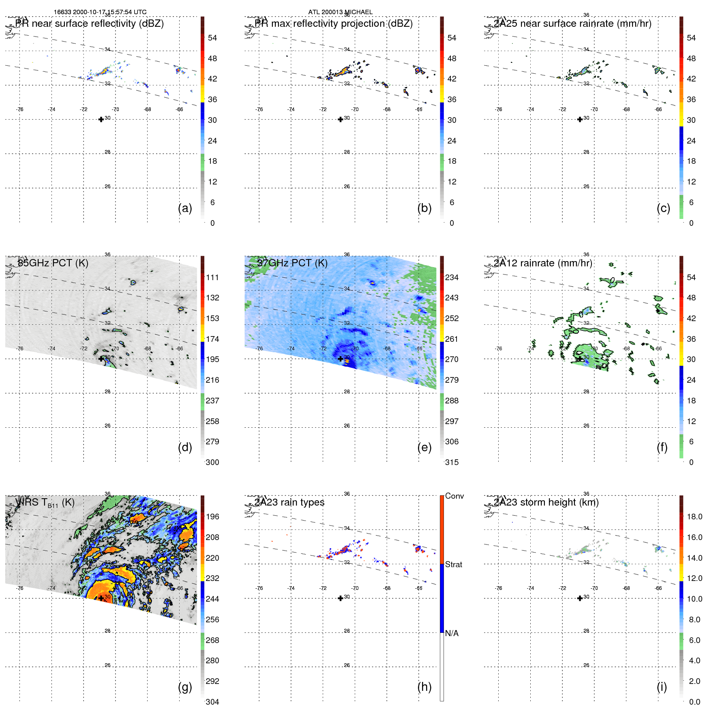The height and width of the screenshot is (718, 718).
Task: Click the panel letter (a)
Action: click(x=185, y=208)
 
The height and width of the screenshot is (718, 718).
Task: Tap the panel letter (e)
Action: click(x=424, y=448)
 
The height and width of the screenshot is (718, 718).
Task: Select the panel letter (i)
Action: click(x=662, y=687)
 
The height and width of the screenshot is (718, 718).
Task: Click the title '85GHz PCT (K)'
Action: click(x=53, y=263)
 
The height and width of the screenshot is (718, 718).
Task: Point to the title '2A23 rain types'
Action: click(x=289, y=502)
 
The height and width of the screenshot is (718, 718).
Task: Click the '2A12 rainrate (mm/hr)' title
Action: click(x=543, y=263)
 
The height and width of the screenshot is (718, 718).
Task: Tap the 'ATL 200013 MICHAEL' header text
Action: click(x=341, y=12)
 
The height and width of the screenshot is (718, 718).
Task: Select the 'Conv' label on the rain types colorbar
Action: click(x=454, y=496)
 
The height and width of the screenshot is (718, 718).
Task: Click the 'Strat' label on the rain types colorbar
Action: click(x=454, y=564)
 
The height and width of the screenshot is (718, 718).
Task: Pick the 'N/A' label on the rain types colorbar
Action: click(x=452, y=633)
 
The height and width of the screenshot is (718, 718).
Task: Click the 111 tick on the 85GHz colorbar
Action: click(x=212, y=277)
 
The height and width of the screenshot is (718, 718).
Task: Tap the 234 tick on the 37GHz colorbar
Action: click(x=452, y=277)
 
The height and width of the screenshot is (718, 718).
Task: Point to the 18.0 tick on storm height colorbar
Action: click(x=694, y=517)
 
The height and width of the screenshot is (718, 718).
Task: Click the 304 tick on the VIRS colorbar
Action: click(x=212, y=702)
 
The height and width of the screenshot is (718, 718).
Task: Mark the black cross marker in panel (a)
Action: click(x=101, y=119)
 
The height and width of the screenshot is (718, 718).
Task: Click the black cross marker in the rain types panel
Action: click(x=341, y=598)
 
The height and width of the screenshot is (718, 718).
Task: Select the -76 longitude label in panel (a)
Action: click(x=19, y=109)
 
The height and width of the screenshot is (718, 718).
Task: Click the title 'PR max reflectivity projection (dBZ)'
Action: click(x=334, y=24)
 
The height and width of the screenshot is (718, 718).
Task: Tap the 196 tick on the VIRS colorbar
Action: click(x=212, y=517)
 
